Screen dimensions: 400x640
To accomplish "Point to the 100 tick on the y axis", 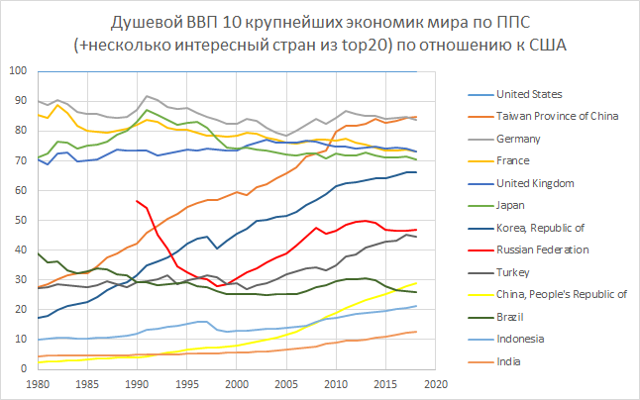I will click(x=19, y=70).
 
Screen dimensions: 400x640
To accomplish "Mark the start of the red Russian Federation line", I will click(x=137, y=201).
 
